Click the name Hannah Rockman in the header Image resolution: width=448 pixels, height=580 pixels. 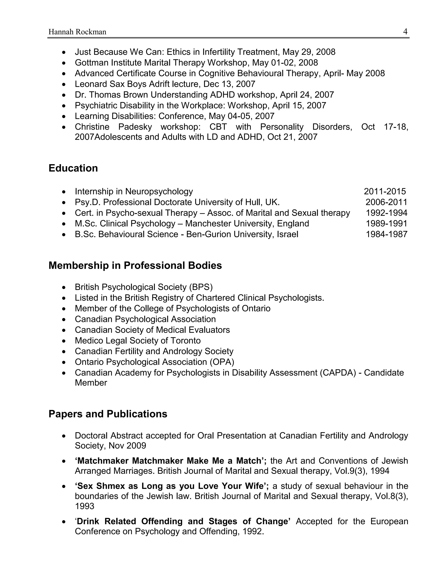tap(77, 32)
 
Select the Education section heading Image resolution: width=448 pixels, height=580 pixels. tap(73, 168)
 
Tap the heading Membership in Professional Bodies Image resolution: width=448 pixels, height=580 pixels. tap(135, 265)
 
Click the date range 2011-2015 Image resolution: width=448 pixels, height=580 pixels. tap(385, 192)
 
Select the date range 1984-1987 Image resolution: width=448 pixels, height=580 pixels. tap(387, 234)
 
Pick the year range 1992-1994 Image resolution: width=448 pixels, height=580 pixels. tap(387, 213)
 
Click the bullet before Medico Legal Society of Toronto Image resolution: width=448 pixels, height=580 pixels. tap(64, 341)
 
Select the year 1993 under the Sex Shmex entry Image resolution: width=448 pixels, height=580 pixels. tap(84, 506)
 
